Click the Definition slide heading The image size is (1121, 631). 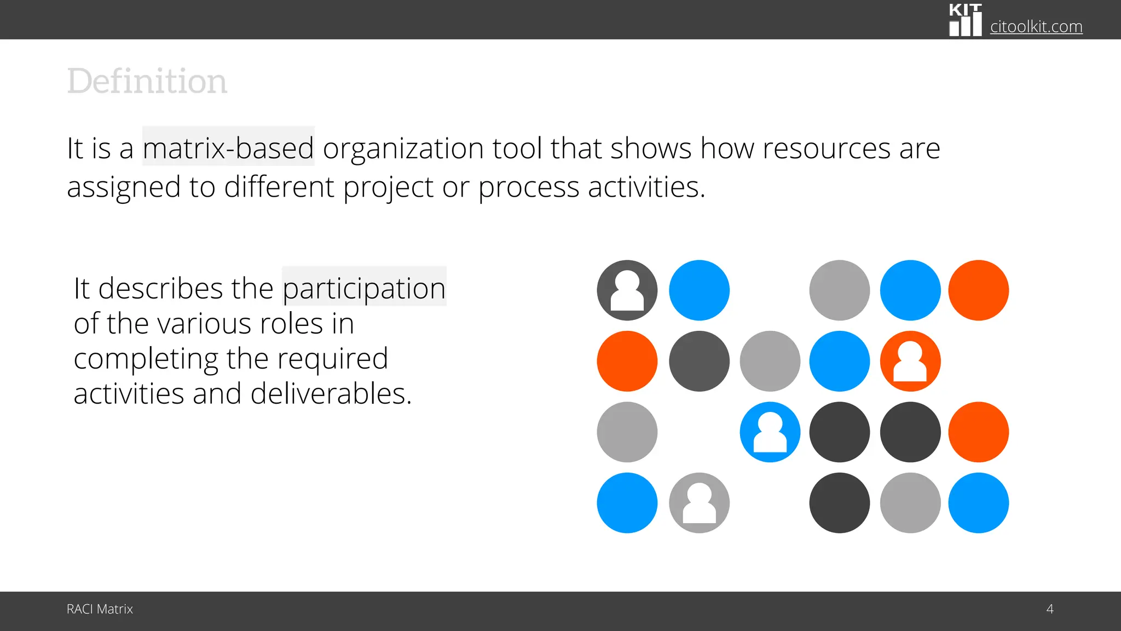tap(147, 82)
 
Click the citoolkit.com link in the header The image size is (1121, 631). tap(1036, 26)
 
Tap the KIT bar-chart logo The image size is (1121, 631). tap(965, 20)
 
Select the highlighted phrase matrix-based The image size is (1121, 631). tap(228, 148)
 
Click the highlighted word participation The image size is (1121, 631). tap(364, 288)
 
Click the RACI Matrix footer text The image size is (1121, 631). tap(100, 609)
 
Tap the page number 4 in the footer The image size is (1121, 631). tap(1049, 609)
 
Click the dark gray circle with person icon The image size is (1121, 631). tap(627, 290)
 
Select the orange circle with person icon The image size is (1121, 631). tap(910, 362)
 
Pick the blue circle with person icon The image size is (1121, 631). tap(770, 432)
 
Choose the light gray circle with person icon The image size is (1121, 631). tap(699, 503)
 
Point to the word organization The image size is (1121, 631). tap(403, 148)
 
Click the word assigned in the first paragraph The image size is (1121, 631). tap(124, 187)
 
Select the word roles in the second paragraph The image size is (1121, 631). tap(291, 323)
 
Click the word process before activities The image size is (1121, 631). tap(528, 187)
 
